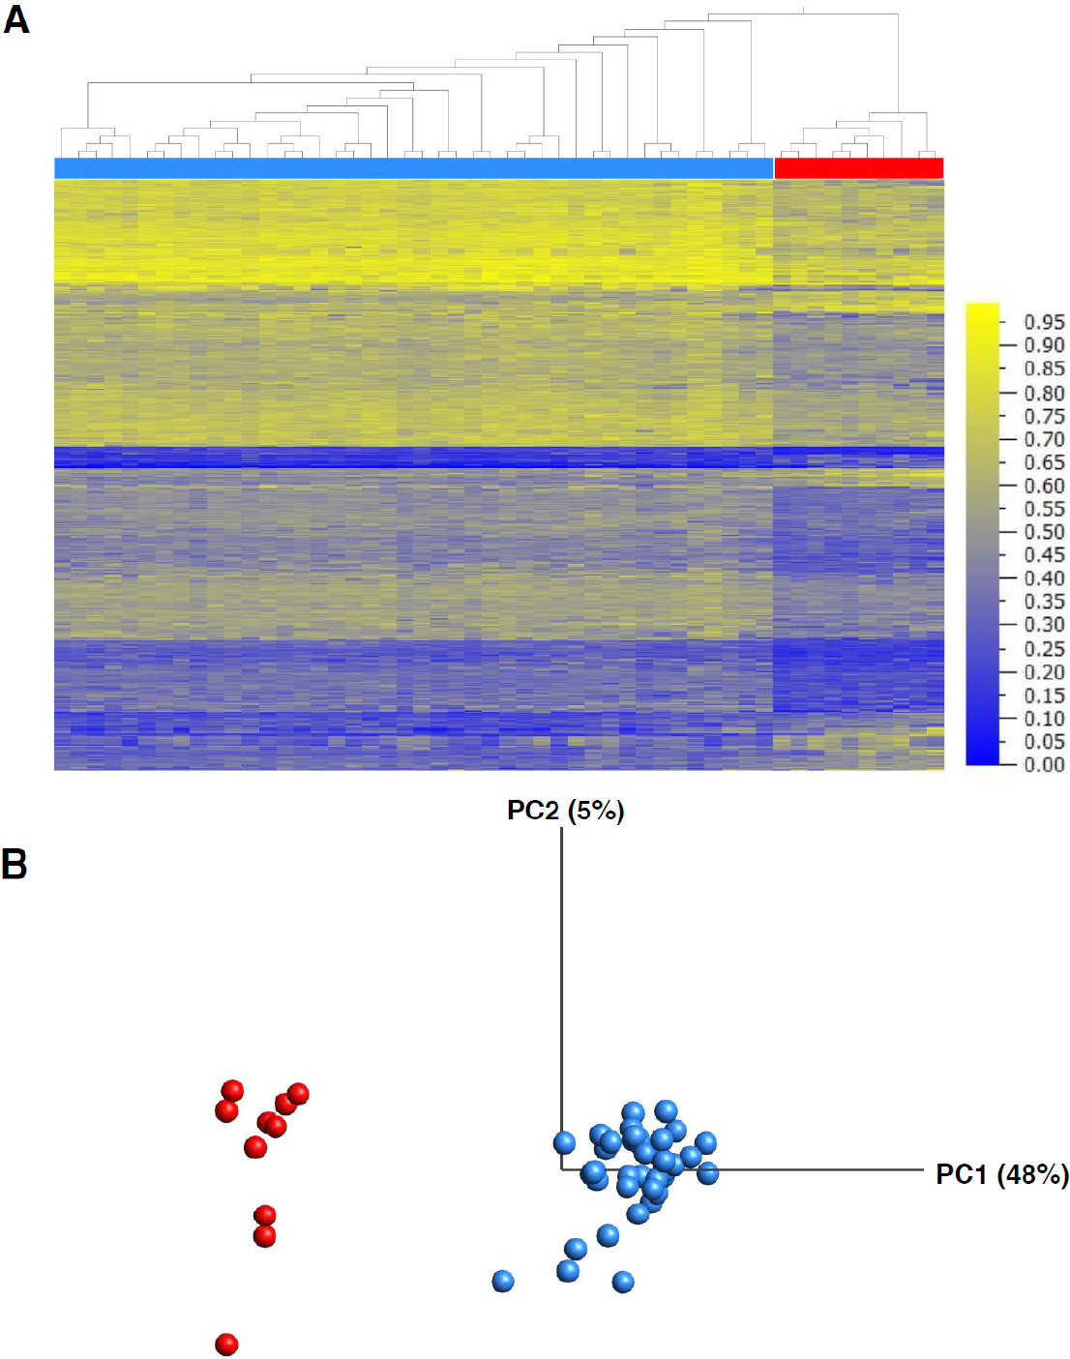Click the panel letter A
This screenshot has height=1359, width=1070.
pyautogui.click(x=16, y=19)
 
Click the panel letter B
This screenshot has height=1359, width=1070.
pyautogui.click(x=15, y=864)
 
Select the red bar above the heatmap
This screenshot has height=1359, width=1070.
pyautogui.click(x=858, y=168)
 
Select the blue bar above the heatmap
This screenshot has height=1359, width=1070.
pyautogui.click(x=413, y=168)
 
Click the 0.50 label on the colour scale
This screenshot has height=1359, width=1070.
pyautogui.click(x=1044, y=532)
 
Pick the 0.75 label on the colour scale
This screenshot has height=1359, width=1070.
pyautogui.click(x=1044, y=416)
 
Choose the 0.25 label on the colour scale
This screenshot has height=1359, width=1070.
pyautogui.click(x=1044, y=648)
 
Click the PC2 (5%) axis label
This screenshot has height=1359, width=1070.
pyautogui.click(x=565, y=811)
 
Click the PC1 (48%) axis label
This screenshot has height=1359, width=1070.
pyautogui.click(x=1001, y=1174)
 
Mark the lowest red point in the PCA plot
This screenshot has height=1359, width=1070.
pyautogui.click(x=226, y=1344)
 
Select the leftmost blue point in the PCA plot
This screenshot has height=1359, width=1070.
pyautogui.click(x=503, y=1282)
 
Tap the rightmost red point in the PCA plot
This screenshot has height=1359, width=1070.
pyautogui.click(x=298, y=1094)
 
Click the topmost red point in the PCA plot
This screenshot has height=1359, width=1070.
pyautogui.click(x=232, y=1091)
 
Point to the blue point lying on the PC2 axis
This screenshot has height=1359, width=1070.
pyautogui.click(x=564, y=1143)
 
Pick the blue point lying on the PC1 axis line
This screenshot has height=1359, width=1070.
pyautogui.click(x=707, y=1173)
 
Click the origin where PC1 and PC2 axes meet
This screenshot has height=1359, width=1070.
pyautogui.click(x=561, y=1169)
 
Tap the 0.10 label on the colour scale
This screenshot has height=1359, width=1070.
pyautogui.click(x=1044, y=718)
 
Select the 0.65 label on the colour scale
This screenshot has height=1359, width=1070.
pyautogui.click(x=1044, y=462)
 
